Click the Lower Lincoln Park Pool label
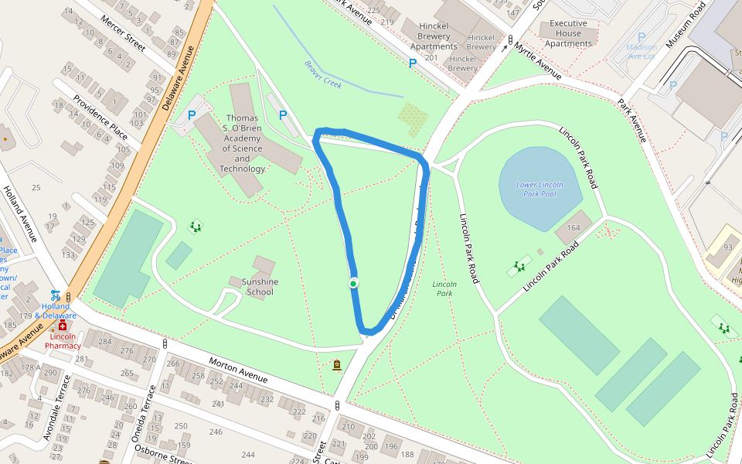(x=539, y=189)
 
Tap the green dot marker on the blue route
(x=353, y=284)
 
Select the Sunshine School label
(x=260, y=287)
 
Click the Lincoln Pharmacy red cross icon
(x=63, y=326)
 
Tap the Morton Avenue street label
(x=239, y=369)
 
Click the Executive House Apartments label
(x=568, y=33)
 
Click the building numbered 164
(x=573, y=227)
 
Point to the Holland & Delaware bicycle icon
(x=55, y=295)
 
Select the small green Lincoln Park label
(x=444, y=288)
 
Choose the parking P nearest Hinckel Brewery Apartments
(x=413, y=63)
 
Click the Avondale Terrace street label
(x=58, y=408)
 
